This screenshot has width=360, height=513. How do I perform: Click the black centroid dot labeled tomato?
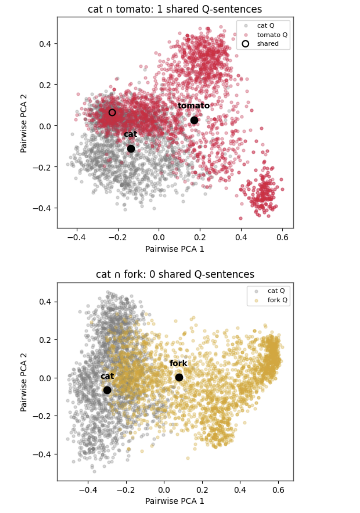[194, 120]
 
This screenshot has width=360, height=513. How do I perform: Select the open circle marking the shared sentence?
[112, 112]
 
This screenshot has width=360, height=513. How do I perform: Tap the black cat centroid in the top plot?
[131, 149]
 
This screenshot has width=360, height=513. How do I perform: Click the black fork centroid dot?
[179, 377]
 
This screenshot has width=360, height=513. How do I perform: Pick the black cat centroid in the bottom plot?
[107, 390]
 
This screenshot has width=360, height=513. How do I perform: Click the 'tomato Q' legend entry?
[272, 35]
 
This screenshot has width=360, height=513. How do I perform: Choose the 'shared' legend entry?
[267, 44]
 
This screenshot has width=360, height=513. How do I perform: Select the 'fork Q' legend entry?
[277, 300]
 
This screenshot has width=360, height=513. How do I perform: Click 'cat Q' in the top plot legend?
[266, 26]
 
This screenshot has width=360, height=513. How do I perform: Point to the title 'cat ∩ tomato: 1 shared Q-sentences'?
[175, 9]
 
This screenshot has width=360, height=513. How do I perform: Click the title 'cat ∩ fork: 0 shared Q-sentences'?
[175, 274]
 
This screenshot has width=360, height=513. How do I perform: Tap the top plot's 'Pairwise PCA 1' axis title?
[175, 249]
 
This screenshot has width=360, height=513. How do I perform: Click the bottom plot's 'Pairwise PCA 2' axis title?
[23, 382]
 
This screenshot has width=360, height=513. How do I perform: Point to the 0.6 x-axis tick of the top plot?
[282, 237]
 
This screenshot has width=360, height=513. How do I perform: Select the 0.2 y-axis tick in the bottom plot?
[45, 340]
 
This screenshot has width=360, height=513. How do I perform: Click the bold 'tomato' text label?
[193, 106]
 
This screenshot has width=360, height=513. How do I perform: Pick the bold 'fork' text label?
[178, 363]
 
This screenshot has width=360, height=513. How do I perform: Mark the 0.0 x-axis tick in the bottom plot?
[164, 490]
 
